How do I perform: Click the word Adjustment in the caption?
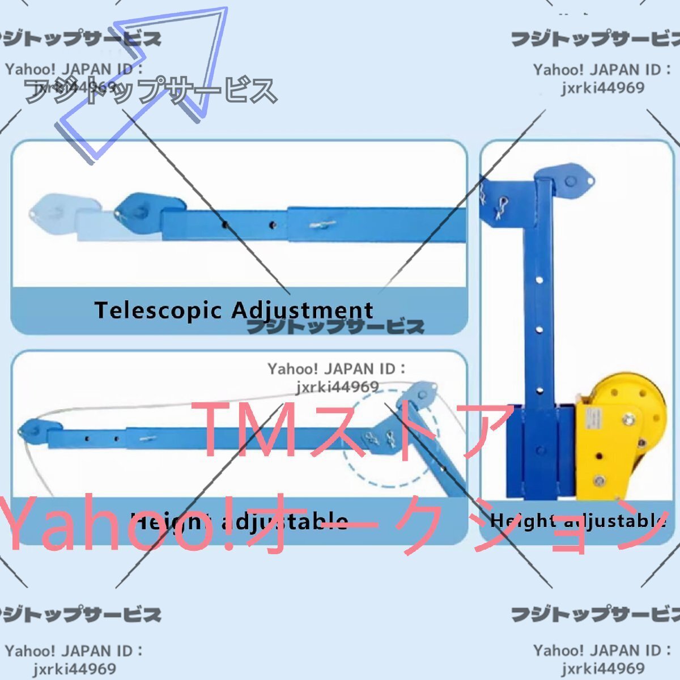(x=302, y=311)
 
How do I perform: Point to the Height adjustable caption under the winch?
(x=578, y=520)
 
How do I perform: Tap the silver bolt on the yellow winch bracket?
(x=628, y=420)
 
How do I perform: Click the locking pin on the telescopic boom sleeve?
(x=323, y=225)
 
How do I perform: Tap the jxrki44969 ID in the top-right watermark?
(x=602, y=88)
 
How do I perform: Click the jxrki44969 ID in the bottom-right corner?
(x=602, y=669)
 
